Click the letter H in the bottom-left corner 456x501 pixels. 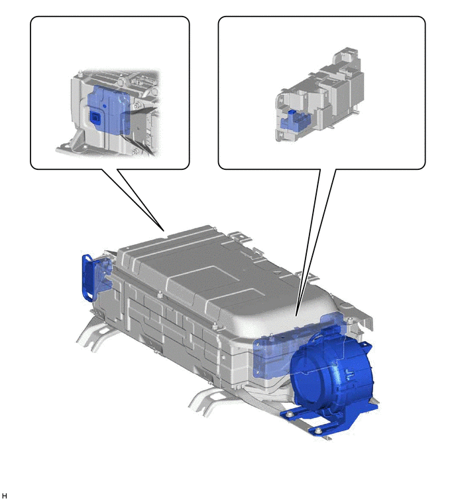pos(4,496)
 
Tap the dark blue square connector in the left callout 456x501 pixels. pos(95,117)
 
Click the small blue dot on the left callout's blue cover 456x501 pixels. pos(104,105)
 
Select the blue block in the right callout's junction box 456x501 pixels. pos(294,121)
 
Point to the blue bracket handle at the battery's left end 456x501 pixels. pos(87,277)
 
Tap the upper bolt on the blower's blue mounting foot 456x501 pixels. pos(290,415)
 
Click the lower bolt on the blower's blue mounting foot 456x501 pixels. pos(317,431)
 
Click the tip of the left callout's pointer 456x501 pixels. pos(164,230)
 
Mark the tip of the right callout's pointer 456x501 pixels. pos(296,316)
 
